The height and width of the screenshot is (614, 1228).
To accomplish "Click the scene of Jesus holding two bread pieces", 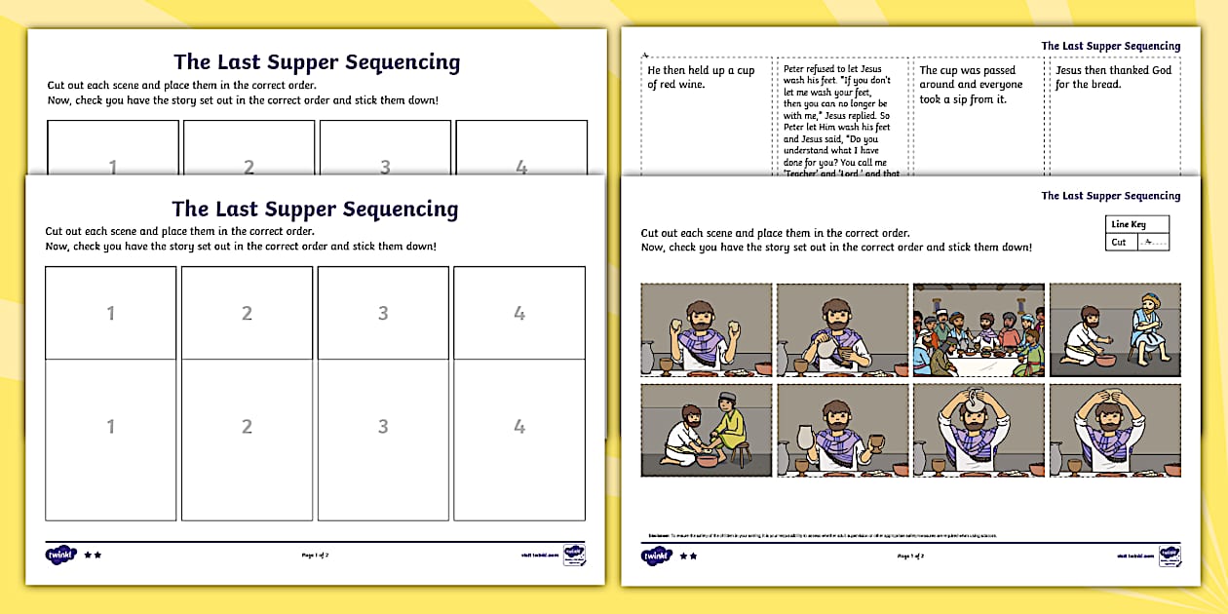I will [x=707, y=329].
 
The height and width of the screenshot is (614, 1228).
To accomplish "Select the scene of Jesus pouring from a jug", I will [x=842, y=329].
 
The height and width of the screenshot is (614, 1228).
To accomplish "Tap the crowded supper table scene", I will [x=978, y=329].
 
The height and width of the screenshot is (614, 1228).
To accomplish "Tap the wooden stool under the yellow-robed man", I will [x=740, y=454].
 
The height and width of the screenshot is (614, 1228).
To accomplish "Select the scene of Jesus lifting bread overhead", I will [x=1115, y=430].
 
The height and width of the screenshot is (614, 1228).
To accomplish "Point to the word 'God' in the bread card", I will [x=1161, y=70].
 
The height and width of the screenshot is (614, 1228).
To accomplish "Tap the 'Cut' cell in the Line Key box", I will [x=1119, y=243].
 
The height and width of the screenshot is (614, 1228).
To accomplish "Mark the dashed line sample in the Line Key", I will [x=1151, y=243].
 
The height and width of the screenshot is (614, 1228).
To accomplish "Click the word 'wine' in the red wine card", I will [x=690, y=85].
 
